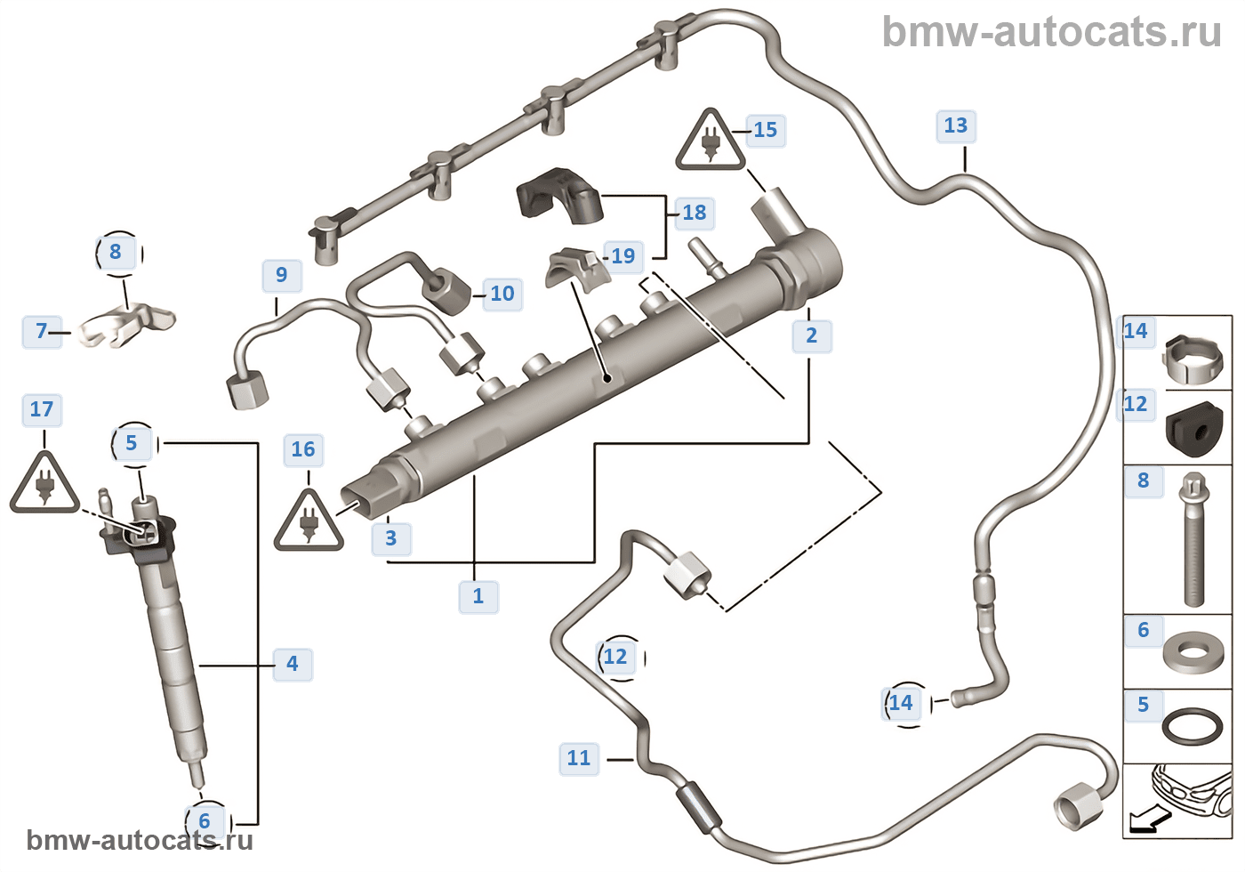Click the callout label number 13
956,125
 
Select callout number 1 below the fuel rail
478,595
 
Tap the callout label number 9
282,275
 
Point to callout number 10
502,294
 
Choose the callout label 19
623,256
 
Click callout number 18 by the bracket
694,213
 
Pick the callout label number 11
579,758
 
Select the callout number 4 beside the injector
293,664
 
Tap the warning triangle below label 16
309,521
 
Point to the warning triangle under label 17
44,484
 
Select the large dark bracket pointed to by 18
559,195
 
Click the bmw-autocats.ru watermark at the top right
1051,32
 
